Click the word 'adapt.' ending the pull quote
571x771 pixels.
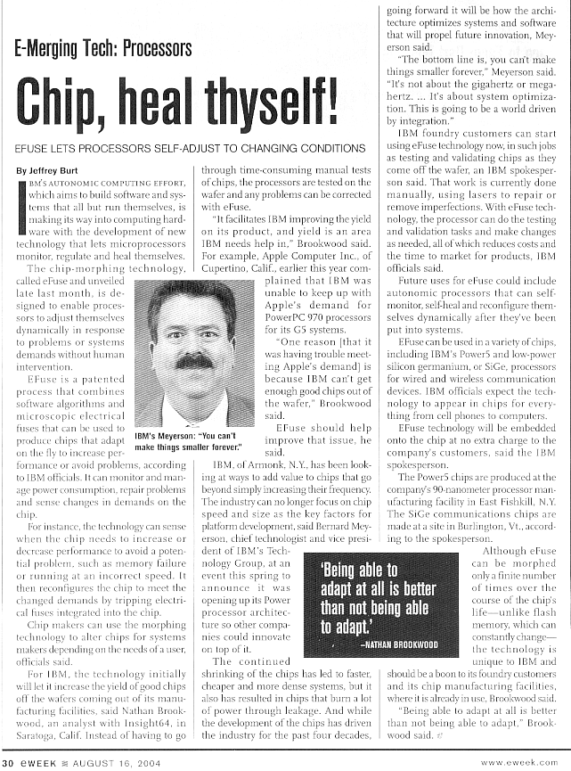[342, 627]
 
